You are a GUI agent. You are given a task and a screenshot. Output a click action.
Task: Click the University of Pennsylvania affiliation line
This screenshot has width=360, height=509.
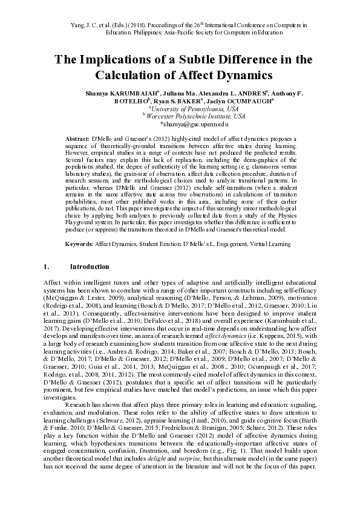tap(180, 109)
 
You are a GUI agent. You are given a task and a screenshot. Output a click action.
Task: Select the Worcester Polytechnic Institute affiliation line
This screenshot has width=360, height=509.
tap(180, 116)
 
